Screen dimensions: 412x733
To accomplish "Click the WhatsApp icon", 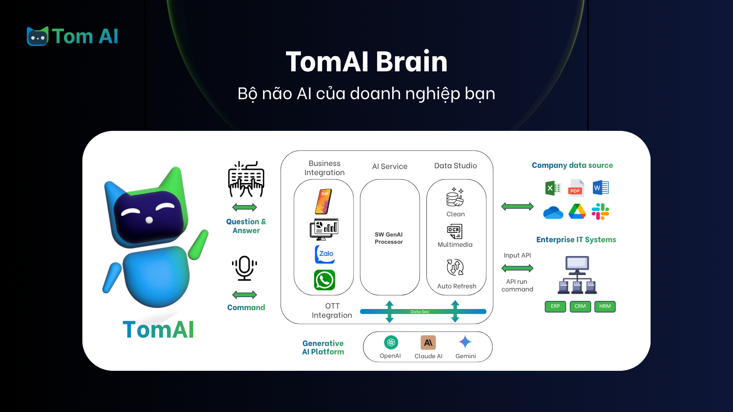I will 325,280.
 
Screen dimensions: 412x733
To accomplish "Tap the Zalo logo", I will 325,254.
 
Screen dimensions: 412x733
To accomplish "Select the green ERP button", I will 555,306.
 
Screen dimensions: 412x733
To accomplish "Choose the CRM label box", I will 580,306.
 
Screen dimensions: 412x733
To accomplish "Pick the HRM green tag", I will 605,306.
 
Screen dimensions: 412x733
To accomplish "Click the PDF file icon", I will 576,188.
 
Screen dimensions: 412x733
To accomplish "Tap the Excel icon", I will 553,188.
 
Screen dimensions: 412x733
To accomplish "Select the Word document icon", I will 601,188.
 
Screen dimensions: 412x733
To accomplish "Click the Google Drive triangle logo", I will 577,211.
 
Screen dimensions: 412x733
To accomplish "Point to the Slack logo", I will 600,211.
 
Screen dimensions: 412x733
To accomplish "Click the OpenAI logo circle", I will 391,342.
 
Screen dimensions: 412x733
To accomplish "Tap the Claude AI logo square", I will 428,343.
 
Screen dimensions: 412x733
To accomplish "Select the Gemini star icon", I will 465,342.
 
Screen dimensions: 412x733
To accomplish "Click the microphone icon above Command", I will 244,268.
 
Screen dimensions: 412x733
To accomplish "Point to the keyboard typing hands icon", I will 246,179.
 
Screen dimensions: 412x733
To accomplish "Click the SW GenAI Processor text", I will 389,238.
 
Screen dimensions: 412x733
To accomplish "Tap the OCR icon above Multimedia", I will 455,231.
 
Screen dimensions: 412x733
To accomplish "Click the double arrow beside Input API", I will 517,268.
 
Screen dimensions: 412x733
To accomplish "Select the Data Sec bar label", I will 420,312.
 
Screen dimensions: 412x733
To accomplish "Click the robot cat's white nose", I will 149,220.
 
